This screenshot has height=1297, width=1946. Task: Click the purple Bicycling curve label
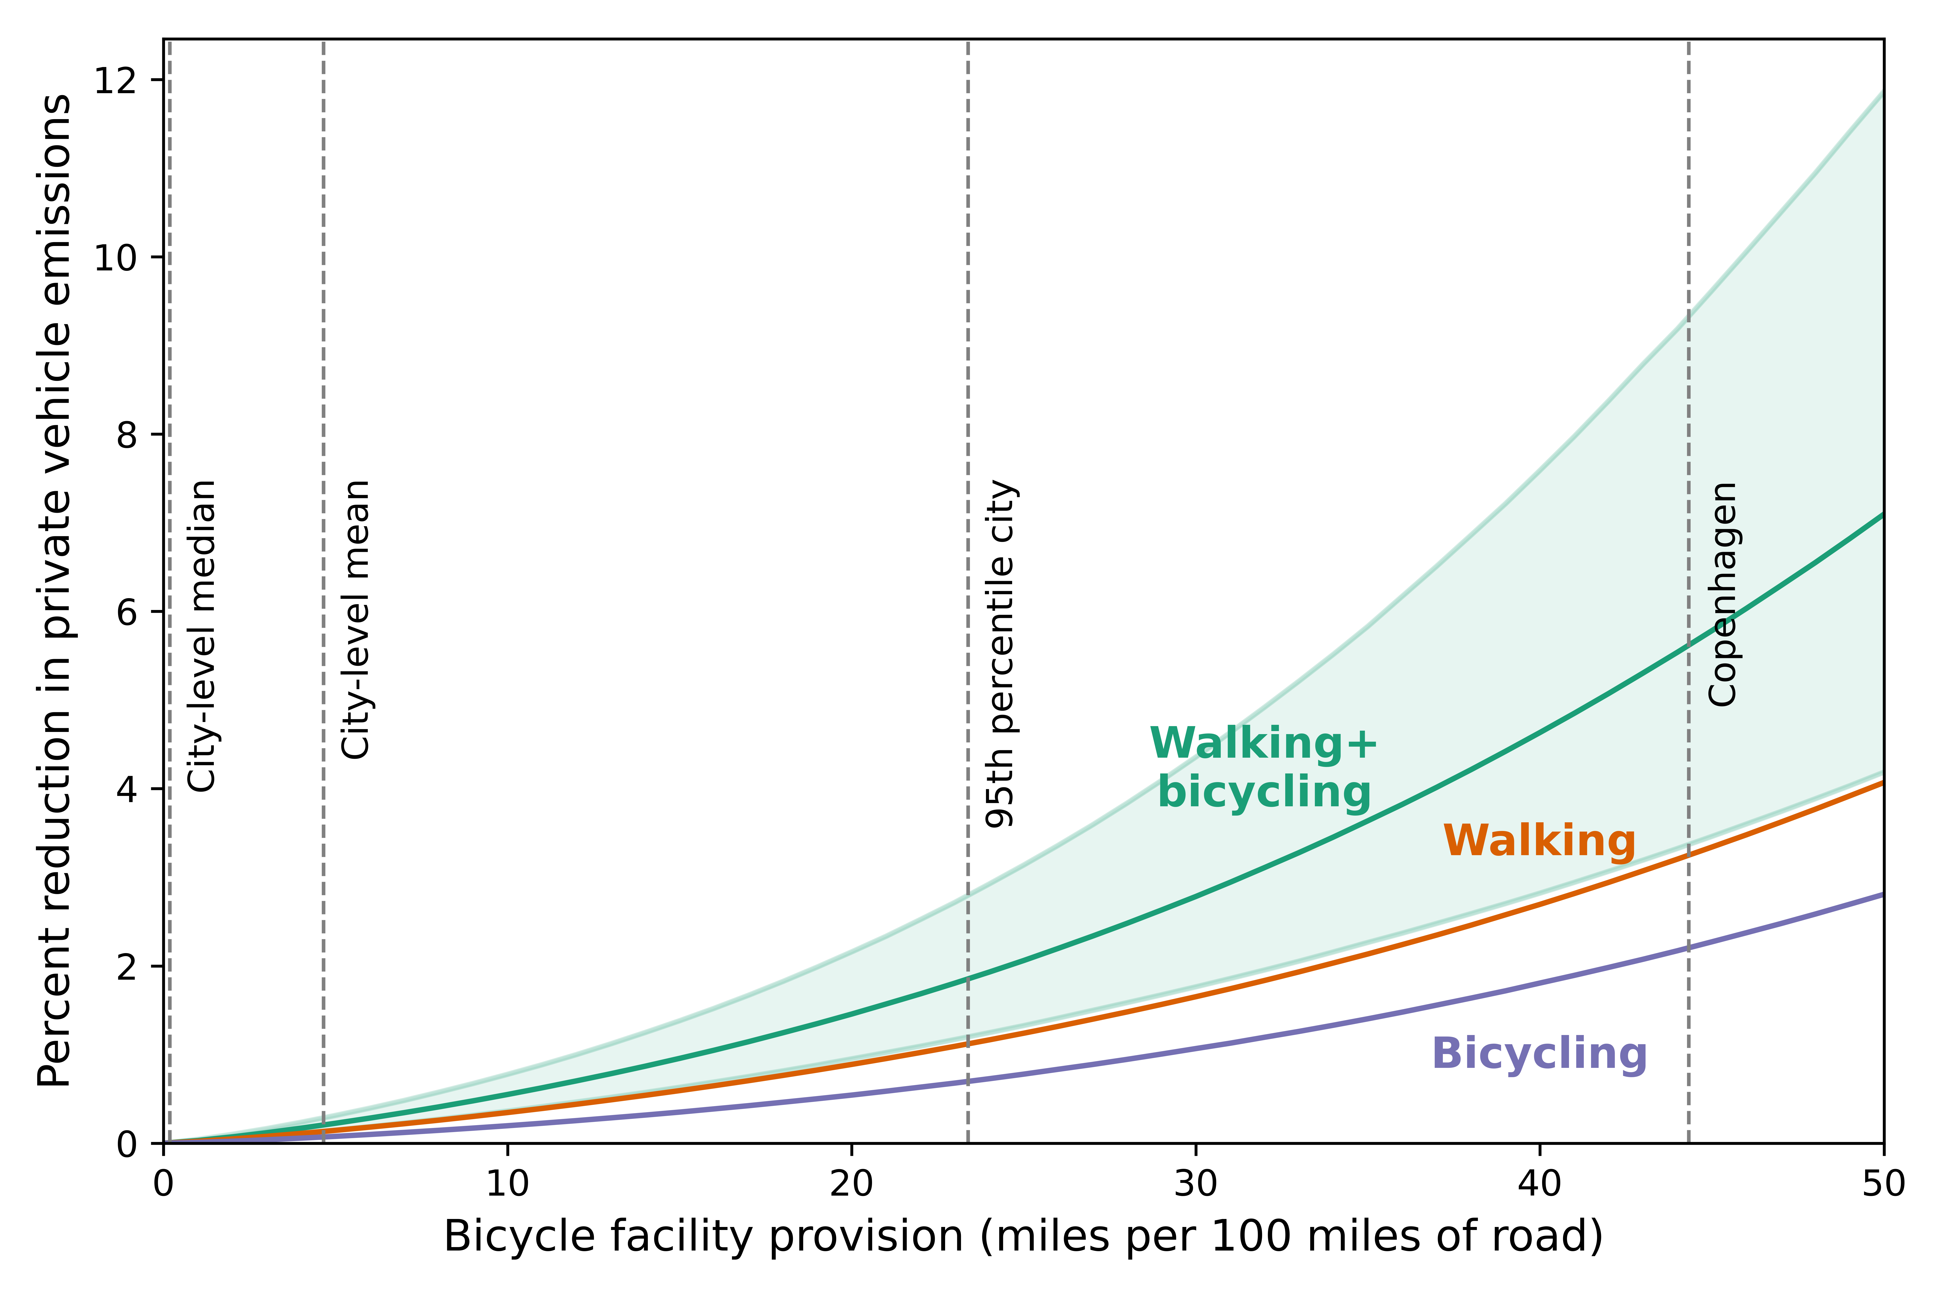[1539, 1055]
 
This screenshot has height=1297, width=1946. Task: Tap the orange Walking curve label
[1539, 841]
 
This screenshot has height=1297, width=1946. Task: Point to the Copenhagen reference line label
[1723, 594]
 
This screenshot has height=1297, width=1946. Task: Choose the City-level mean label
[357, 619]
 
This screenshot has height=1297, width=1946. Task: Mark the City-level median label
[203, 635]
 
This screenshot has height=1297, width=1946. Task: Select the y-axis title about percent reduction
[55, 590]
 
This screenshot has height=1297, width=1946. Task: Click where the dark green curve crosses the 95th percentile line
[968, 979]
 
